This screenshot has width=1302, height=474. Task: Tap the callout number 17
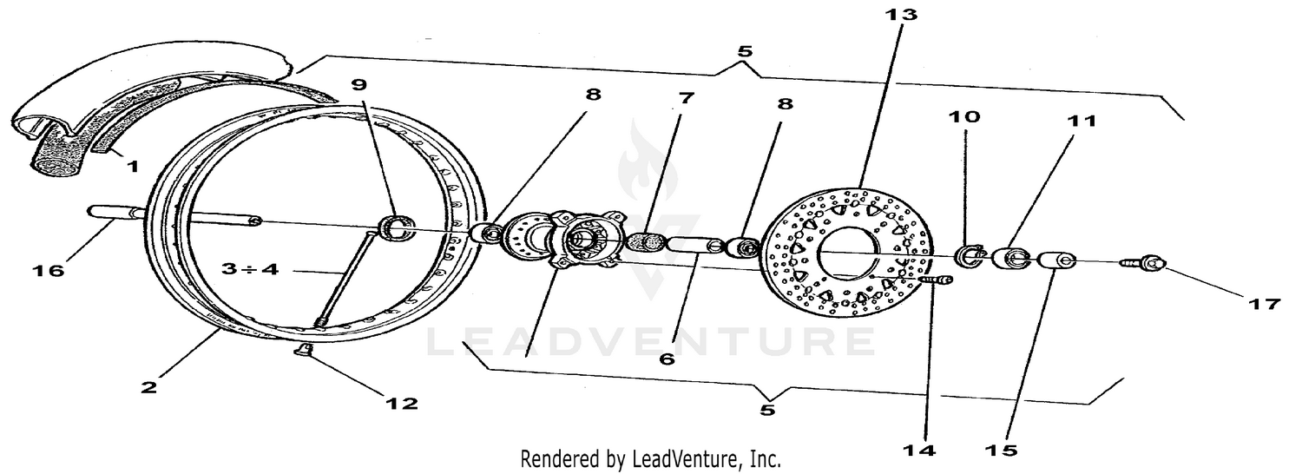(x=1265, y=304)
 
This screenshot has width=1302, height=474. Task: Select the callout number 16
(x=49, y=271)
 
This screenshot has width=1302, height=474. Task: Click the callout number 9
(x=359, y=85)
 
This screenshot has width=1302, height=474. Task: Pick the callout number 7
(x=687, y=98)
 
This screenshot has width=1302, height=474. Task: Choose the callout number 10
(x=969, y=116)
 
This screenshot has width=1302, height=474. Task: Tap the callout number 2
(x=148, y=387)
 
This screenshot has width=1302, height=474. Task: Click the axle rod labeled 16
(x=174, y=216)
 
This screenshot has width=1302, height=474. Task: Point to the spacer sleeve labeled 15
(x=1052, y=260)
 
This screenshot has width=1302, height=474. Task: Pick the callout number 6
(x=666, y=358)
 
